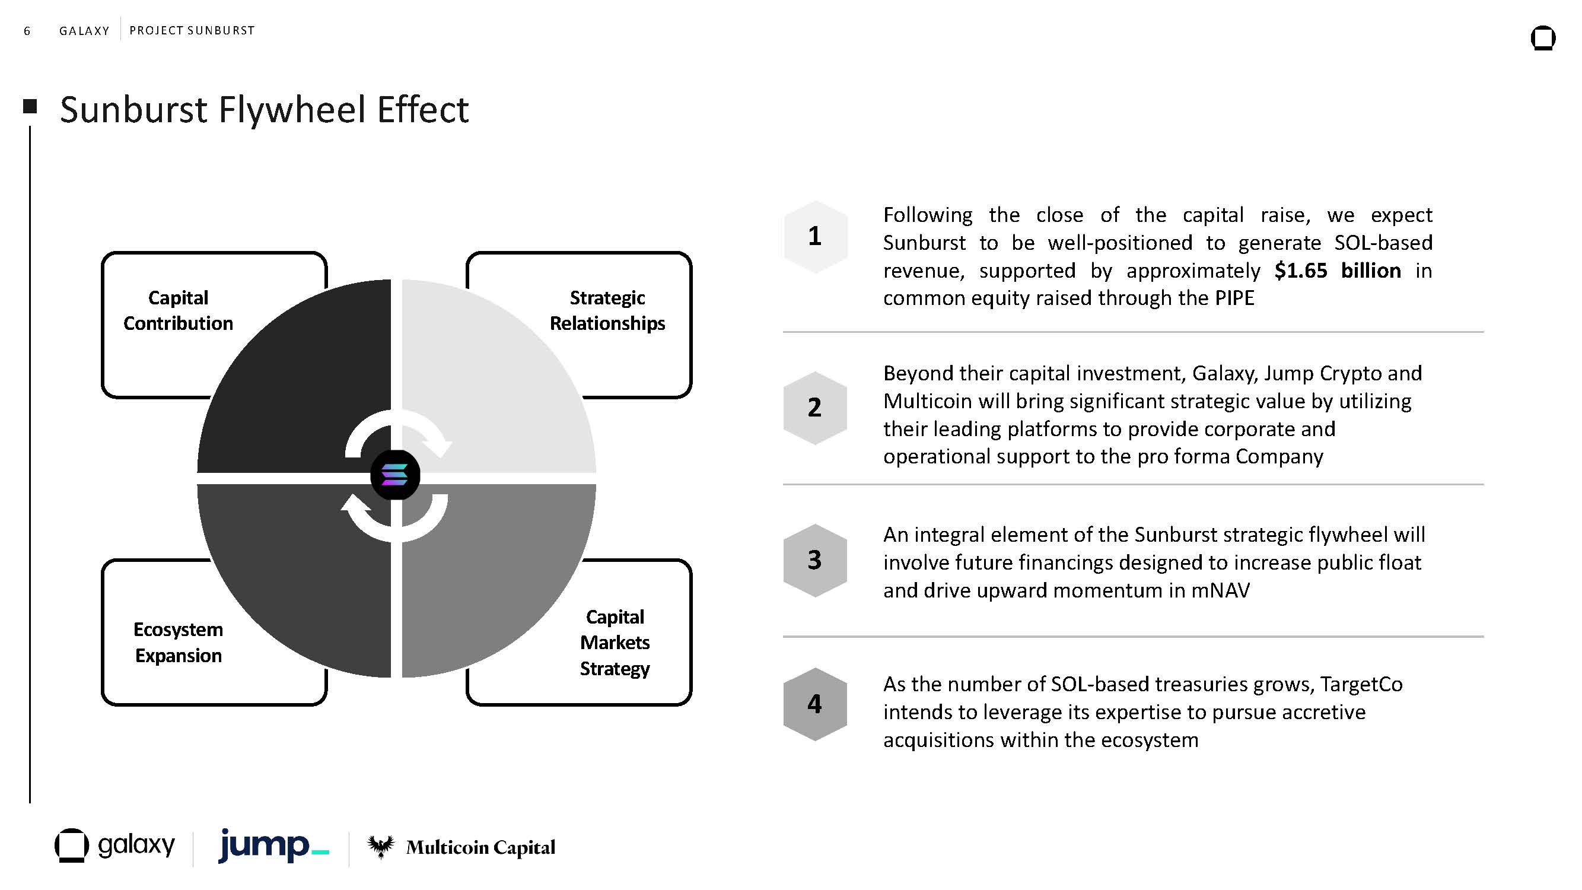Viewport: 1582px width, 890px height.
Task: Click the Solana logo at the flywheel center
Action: tap(395, 475)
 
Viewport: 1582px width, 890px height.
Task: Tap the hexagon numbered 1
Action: tap(815, 237)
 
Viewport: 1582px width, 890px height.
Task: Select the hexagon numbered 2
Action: tap(815, 407)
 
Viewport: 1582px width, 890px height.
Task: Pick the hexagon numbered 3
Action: tap(815, 560)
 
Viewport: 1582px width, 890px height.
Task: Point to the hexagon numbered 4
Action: tap(815, 704)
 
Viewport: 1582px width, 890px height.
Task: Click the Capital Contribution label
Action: tap(178, 310)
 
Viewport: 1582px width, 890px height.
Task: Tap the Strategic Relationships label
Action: tap(607, 310)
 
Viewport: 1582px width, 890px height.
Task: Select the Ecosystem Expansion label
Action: tap(178, 643)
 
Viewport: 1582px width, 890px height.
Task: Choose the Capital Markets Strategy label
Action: tap(615, 643)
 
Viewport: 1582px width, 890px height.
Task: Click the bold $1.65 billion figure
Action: tap(1338, 270)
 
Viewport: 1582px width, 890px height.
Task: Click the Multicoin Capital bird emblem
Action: tap(381, 847)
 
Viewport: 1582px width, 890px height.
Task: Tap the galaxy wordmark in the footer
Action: tap(136, 845)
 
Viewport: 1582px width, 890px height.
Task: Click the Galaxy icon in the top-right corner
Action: tap(1543, 38)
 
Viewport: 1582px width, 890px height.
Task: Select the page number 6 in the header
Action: tap(27, 31)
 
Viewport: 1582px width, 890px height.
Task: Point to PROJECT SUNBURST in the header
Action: tap(192, 30)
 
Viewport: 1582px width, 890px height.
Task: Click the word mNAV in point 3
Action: tap(1220, 590)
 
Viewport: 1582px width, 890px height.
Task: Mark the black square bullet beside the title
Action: tap(30, 106)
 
